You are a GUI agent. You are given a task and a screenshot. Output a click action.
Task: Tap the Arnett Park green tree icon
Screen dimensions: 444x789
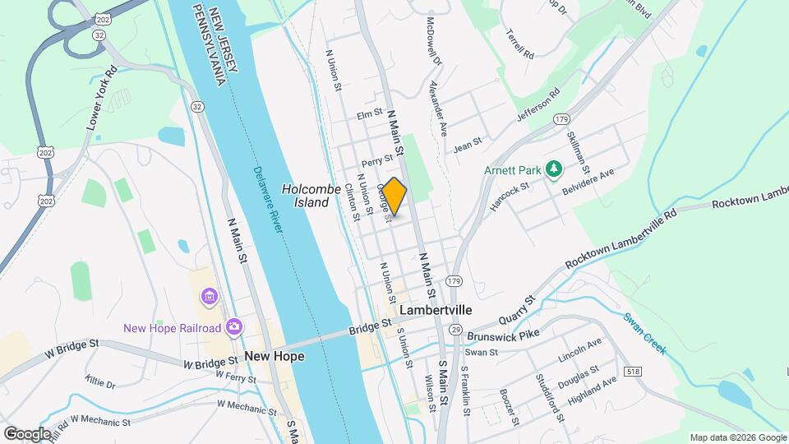click(554, 170)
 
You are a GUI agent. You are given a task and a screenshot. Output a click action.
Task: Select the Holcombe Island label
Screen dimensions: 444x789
click(311, 195)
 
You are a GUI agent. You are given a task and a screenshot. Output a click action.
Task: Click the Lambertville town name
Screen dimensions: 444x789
click(436, 311)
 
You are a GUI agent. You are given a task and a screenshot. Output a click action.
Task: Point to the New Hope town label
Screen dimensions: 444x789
click(275, 356)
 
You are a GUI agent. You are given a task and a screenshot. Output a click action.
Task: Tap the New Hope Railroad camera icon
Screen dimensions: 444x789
click(234, 327)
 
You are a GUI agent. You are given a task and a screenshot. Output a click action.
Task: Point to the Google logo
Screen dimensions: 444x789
click(27, 433)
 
